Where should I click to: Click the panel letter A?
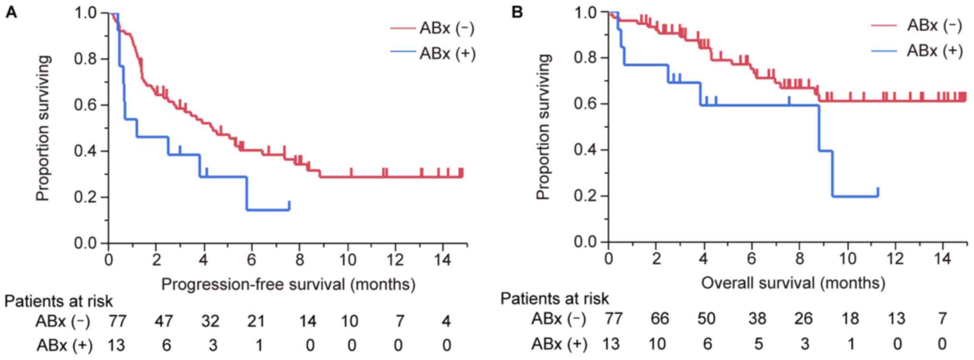point(11,12)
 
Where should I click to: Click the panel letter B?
point(516,12)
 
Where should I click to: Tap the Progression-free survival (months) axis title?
point(288,284)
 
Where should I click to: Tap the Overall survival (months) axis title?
point(793,283)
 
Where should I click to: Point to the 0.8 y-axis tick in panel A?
point(85,59)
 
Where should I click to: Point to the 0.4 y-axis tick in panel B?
point(586,150)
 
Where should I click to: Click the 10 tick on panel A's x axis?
point(348,260)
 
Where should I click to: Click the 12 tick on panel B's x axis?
point(895,259)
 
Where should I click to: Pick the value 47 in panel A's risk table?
point(164,321)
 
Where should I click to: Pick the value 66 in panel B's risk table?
point(659,319)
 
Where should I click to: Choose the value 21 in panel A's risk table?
point(256,321)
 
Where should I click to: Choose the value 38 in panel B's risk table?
point(757,319)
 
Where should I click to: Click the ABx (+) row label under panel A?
point(64,345)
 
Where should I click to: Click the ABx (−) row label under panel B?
point(559,319)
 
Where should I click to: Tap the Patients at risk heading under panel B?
point(554,299)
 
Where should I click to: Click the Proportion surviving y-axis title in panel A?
point(43,128)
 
